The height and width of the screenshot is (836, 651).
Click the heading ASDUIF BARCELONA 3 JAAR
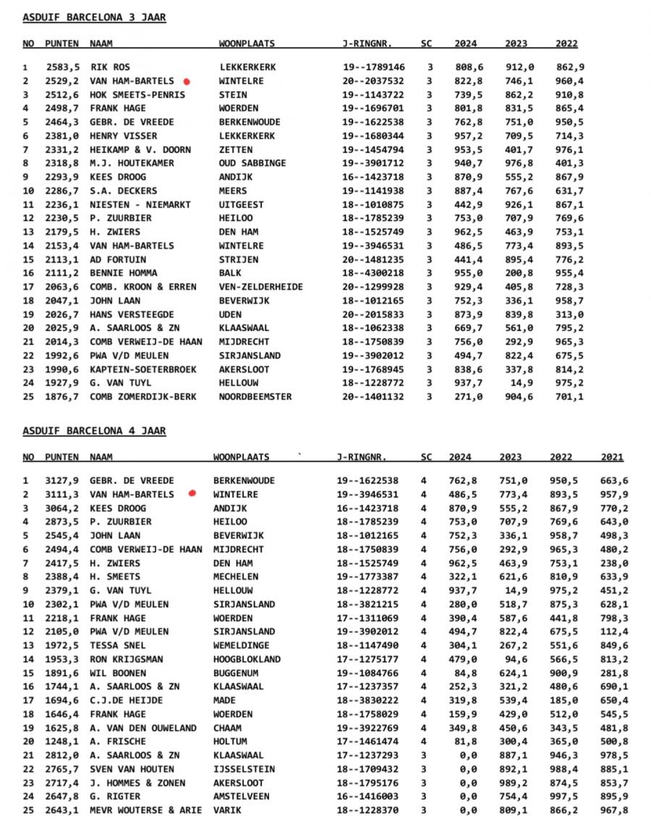click(x=94, y=17)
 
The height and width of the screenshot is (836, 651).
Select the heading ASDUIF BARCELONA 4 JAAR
click(x=94, y=431)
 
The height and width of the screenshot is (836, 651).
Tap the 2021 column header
click(x=611, y=457)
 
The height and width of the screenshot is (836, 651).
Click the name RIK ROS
click(x=110, y=67)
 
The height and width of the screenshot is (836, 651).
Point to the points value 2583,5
click(x=62, y=67)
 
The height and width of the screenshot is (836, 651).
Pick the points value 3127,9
click(x=62, y=481)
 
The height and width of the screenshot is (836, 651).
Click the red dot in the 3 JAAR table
click(x=187, y=82)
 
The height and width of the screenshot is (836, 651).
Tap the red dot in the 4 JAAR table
click(x=192, y=494)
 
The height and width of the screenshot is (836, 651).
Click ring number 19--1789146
click(x=374, y=67)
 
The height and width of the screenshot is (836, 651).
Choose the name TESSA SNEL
click(x=115, y=646)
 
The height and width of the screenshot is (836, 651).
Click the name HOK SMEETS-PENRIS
click(x=137, y=95)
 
